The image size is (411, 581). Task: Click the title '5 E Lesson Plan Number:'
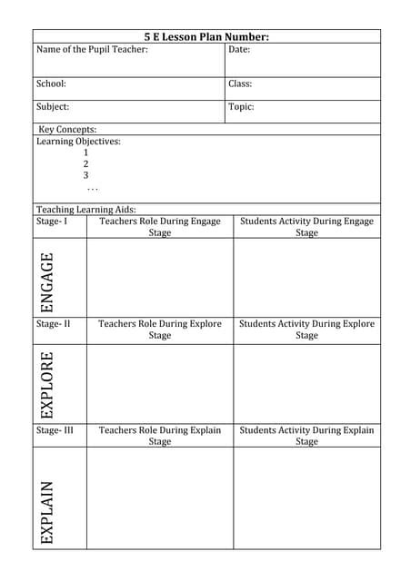206,37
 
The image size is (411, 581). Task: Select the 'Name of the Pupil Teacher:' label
92,49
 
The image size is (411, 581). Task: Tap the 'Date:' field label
239,49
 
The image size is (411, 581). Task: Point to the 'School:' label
51,84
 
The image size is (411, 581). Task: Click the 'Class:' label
240,84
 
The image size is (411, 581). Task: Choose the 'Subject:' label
53,106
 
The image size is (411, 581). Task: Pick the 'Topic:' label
241,106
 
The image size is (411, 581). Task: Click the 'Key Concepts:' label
67,130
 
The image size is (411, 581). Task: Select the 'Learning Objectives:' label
78,142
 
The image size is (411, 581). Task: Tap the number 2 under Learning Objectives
86,164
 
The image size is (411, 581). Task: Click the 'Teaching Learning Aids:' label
85,210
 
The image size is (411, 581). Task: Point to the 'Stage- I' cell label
52,222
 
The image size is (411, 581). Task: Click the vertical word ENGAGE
47,282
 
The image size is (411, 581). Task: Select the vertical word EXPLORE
47,383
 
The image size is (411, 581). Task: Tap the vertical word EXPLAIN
47,511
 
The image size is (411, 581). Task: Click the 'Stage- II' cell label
54,324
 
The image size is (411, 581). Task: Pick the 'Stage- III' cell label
55,430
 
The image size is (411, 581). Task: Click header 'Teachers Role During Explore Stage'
160,330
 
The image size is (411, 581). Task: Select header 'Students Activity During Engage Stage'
306,227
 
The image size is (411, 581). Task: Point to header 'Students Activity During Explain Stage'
306,436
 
